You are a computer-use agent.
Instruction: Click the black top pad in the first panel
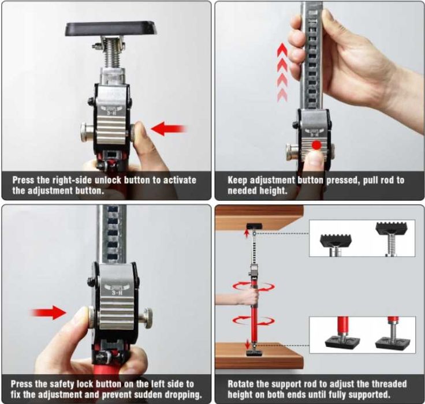pos(111,29)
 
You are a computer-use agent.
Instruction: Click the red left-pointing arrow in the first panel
pos(168,129)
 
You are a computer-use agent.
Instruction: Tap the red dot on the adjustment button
pos(316,145)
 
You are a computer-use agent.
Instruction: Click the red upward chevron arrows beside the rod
pos(282,73)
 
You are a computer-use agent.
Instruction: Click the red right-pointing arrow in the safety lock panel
pos(48,312)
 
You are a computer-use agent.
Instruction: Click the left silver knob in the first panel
pos(87,132)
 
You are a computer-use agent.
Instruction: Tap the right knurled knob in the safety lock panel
pos(146,319)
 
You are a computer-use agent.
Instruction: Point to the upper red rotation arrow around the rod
pos(253,286)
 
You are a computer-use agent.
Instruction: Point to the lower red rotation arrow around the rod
pos(253,320)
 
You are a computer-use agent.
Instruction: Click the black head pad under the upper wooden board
pos(254,226)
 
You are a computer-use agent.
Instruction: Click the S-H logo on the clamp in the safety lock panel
pos(117,289)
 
